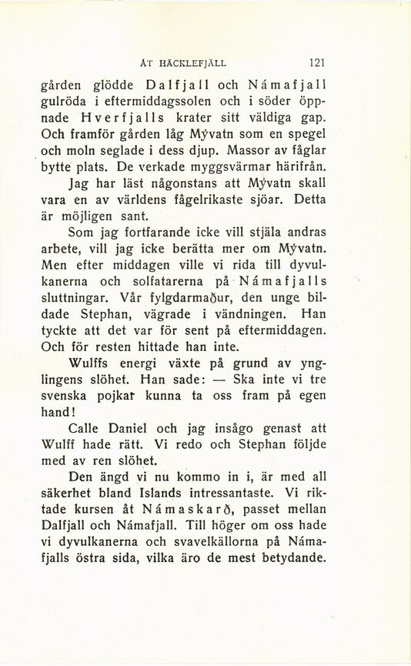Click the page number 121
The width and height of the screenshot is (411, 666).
pyautogui.click(x=318, y=64)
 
